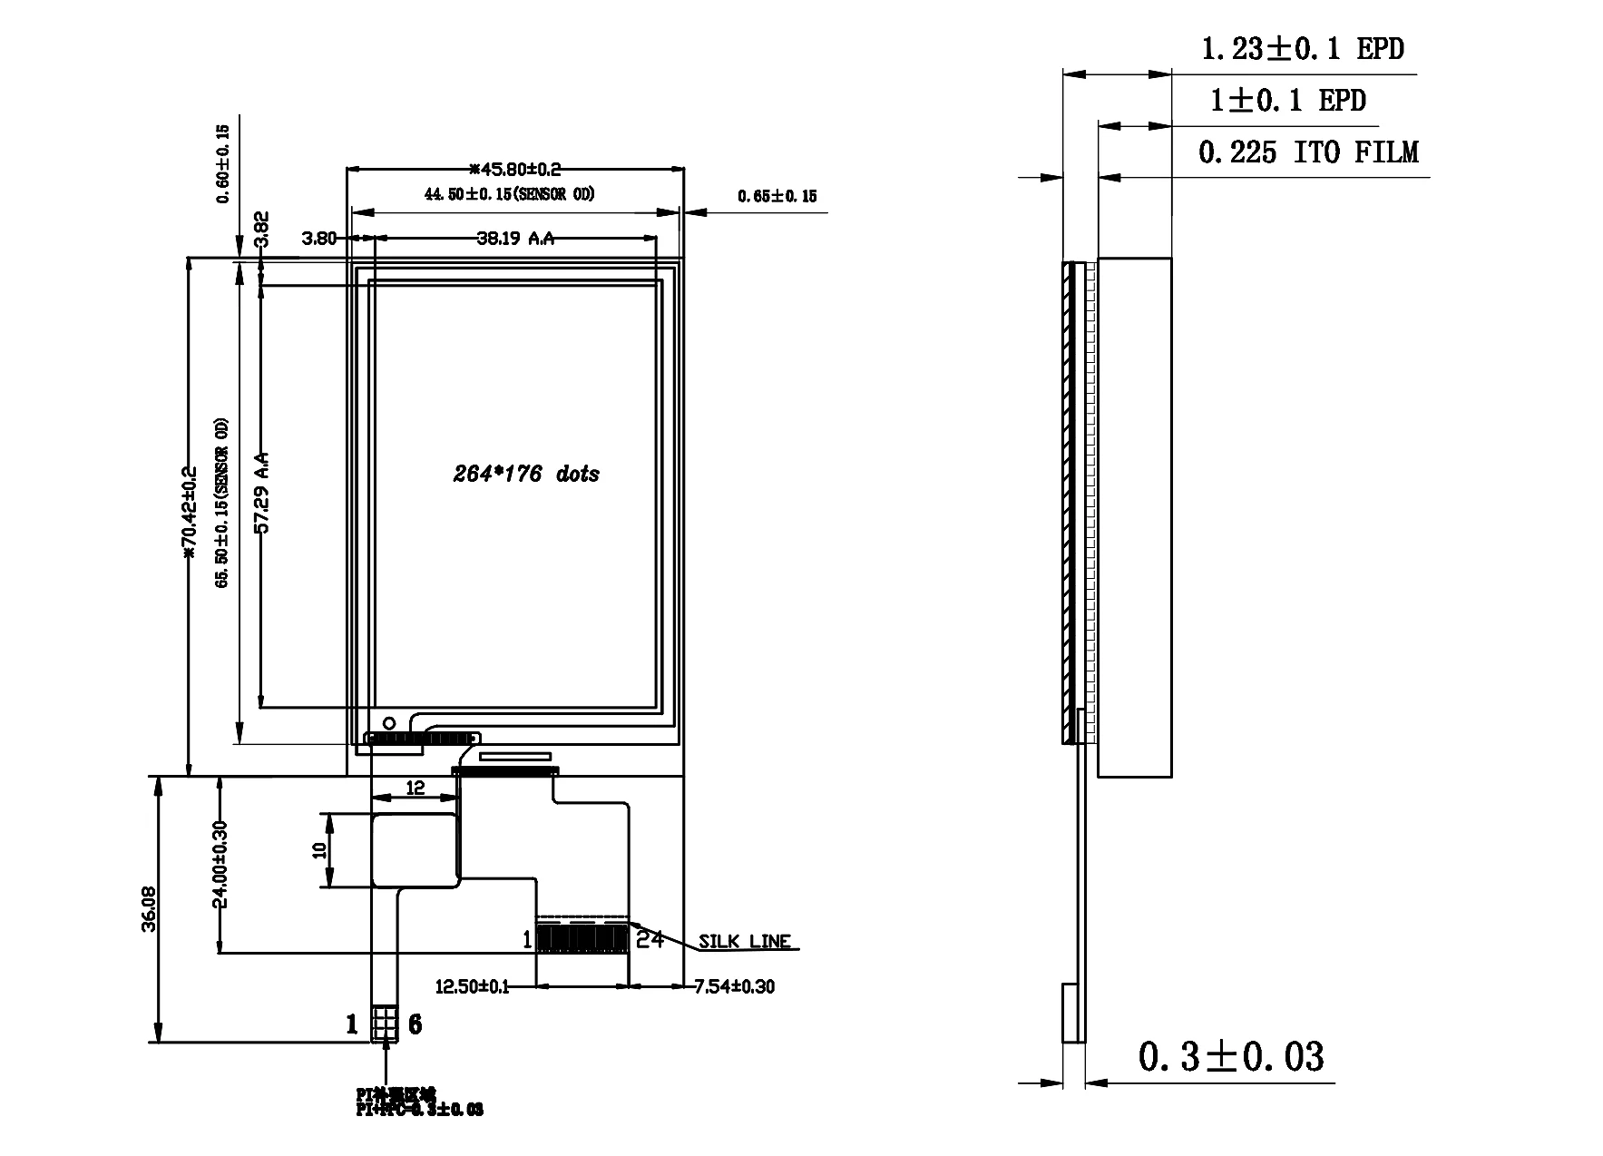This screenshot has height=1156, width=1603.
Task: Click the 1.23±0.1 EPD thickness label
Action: click(1301, 48)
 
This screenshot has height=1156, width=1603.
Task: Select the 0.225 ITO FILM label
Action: click(1307, 152)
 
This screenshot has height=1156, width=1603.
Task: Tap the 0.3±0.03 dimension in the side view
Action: click(1230, 1056)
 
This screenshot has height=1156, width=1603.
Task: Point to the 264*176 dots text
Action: click(526, 474)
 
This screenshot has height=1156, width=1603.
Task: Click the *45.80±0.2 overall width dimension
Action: click(515, 169)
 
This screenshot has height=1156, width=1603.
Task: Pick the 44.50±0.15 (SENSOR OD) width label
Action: click(509, 194)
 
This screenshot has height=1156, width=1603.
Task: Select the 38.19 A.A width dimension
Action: click(515, 239)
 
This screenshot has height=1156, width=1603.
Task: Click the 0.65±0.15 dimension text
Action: click(777, 196)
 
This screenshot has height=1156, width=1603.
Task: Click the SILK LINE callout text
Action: click(744, 942)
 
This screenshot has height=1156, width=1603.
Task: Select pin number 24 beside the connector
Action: click(650, 939)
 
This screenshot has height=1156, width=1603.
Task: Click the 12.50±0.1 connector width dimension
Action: click(472, 986)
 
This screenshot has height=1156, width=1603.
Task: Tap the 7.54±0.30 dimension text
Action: click(734, 986)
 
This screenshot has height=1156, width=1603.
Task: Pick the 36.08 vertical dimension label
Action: click(150, 908)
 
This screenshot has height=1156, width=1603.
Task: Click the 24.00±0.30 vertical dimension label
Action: click(220, 864)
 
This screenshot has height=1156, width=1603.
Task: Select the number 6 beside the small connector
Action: click(415, 1024)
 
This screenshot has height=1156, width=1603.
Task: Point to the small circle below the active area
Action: click(389, 722)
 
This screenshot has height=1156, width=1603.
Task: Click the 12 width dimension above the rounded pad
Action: click(415, 788)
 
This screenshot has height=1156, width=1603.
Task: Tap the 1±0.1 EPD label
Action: click(1288, 100)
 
